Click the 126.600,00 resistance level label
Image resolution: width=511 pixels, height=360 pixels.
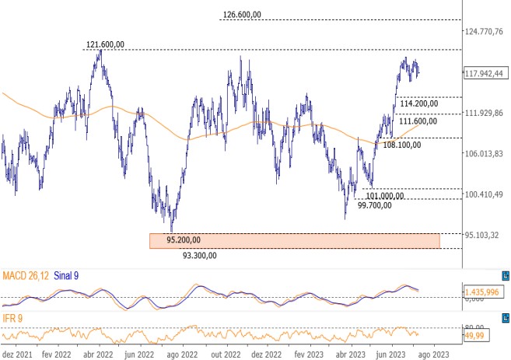(252, 14)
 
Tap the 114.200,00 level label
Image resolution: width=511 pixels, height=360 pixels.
(418, 103)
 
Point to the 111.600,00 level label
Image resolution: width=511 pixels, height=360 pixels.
(418, 121)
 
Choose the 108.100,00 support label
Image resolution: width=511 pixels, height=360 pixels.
(401, 145)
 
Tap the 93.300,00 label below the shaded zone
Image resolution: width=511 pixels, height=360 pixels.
(199, 255)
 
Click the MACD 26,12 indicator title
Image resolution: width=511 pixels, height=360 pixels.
(26, 275)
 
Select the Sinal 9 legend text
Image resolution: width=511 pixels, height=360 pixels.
(65, 275)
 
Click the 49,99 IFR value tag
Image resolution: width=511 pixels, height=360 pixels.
(475, 334)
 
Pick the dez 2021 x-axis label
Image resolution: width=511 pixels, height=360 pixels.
(17, 353)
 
